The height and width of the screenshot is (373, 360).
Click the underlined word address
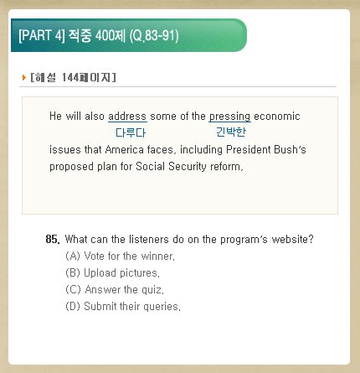tap(127, 117)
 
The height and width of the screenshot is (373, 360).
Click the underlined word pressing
tap(229, 117)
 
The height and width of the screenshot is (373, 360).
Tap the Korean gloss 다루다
tap(131, 132)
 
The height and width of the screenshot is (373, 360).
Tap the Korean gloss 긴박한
tap(231, 132)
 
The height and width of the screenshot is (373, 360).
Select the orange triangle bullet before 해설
tap(24, 77)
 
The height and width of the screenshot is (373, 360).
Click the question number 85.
tap(53, 240)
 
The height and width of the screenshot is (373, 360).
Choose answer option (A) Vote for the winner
tap(121, 256)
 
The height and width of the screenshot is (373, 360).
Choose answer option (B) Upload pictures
tap(112, 272)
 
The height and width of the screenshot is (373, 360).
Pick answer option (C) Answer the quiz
tap(115, 289)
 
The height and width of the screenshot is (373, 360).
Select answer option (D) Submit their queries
tap(123, 306)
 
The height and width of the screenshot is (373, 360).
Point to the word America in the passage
tap(125, 150)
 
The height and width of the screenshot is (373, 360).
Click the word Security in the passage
tap(188, 167)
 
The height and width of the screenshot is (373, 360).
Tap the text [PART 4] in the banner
tap(42, 35)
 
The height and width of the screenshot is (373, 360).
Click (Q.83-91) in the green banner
tap(154, 36)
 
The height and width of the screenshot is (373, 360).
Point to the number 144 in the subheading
tap(70, 77)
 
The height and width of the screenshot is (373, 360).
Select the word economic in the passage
tap(277, 117)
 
